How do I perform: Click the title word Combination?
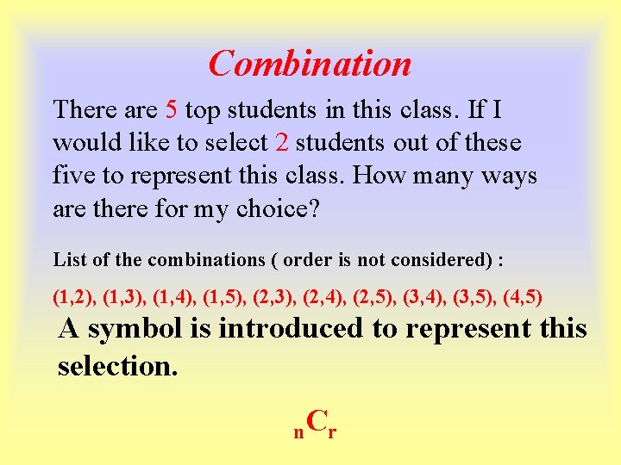point(310,64)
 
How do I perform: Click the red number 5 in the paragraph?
point(171,109)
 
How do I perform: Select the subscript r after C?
point(332,432)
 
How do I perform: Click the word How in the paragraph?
point(376,176)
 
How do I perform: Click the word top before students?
point(202,110)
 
